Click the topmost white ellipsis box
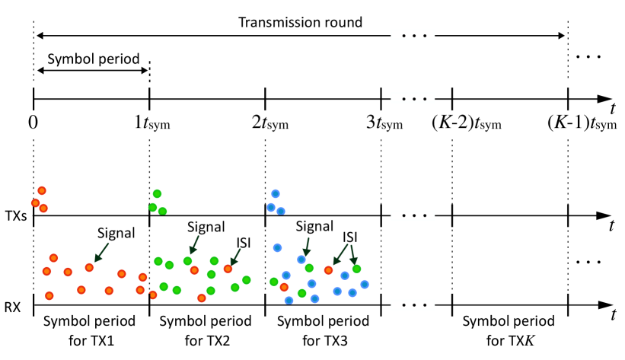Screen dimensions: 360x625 coord(413,35)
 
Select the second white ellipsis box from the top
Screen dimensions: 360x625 coord(413,98)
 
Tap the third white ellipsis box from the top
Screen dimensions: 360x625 coord(413,216)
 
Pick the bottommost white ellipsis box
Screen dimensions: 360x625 coord(413,305)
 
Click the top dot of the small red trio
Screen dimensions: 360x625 coord(42,191)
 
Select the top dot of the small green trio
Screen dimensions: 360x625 coord(157,194)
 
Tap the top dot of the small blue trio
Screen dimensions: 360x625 coord(276,194)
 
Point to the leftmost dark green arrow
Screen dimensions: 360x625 coord(102,252)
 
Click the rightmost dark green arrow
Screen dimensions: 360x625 coord(352,254)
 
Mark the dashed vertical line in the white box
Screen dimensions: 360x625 coord(265,233)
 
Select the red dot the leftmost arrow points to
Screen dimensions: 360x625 coord(89,268)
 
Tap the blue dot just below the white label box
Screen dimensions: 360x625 coord(277,247)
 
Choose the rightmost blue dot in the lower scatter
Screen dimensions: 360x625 coord(365,285)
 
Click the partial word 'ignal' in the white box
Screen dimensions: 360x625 coord(210,228)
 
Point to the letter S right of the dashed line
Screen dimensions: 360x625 coord(298,227)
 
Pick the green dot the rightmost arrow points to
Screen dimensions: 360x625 coord(356,269)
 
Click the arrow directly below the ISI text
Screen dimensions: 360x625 coord(235,256)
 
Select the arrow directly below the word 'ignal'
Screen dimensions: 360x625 coord(194,245)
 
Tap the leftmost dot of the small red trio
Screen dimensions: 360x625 coord(36,203)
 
